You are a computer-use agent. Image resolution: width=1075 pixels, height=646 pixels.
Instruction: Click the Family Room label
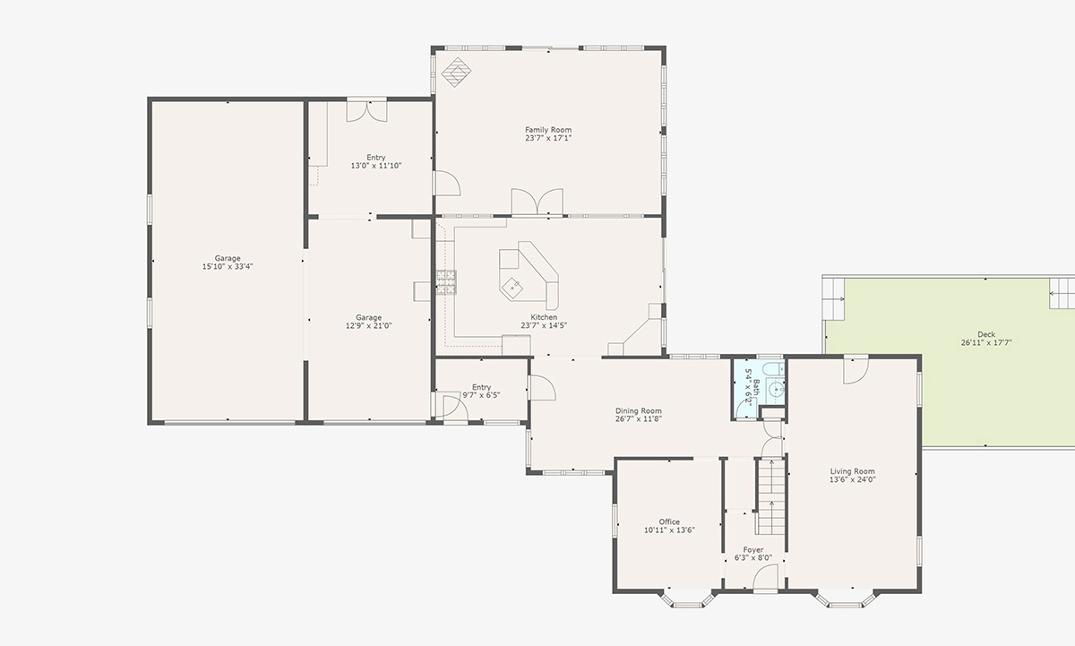547,130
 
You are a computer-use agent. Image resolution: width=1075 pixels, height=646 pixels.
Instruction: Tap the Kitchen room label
544,317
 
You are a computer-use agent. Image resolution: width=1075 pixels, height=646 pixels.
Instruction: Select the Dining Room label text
638,411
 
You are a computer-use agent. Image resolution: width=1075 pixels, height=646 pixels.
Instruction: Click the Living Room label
852,471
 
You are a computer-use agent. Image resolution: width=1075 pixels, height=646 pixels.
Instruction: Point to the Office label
669,521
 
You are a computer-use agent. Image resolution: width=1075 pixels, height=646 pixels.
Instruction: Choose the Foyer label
752,550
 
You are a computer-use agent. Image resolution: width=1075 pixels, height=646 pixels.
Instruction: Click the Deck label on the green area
985,334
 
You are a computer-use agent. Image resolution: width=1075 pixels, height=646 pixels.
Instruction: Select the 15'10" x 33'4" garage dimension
228,266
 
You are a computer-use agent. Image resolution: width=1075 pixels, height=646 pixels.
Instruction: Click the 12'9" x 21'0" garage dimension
368,325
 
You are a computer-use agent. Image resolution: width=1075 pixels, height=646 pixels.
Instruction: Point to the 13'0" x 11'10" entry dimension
375,166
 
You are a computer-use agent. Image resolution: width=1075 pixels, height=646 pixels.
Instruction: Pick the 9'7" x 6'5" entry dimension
480,395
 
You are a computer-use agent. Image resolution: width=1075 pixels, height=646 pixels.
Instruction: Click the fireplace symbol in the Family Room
459,73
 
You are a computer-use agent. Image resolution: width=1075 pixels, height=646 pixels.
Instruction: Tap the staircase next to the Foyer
770,497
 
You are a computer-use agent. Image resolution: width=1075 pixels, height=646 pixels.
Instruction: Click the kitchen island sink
513,287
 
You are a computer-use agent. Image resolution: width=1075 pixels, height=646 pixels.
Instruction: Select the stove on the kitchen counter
445,282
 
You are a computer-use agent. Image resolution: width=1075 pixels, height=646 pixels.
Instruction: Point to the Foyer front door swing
765,581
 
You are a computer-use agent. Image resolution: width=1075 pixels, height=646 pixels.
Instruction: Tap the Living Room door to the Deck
856,369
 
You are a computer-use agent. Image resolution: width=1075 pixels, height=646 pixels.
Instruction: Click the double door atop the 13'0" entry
367,110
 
